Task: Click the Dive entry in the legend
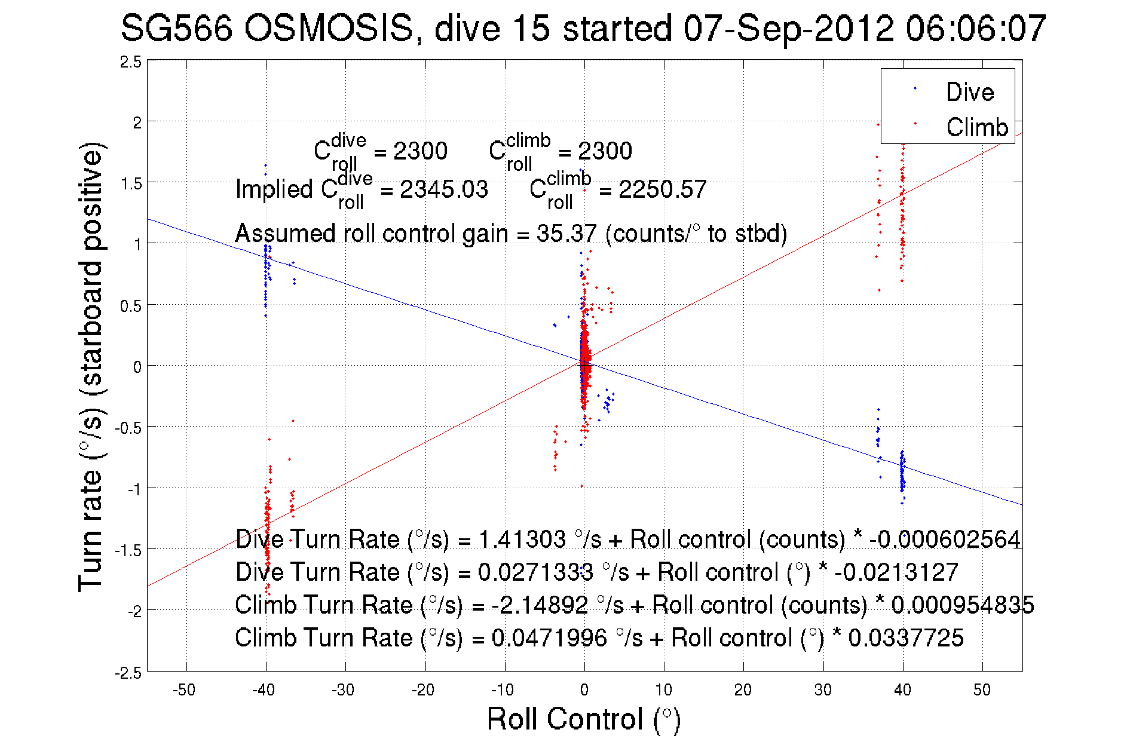pos(969,92)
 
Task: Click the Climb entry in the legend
pos(976,127)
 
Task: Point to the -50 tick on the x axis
pos(184,690)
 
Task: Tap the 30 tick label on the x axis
pos(823,690)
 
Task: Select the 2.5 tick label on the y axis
pos(131,62)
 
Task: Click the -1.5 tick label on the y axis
pos(128,550)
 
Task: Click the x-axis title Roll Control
pos(584,719)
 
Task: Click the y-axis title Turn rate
pos(90,367)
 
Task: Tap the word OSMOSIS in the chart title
pos(329,28)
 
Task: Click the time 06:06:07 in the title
pos(976,28)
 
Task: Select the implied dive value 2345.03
pos(444,189)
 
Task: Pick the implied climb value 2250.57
pos(662,189)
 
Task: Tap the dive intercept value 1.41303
pos(522,540)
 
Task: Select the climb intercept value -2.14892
pos(540,605)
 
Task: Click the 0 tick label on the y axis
pos(137,367)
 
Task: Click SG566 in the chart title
pos(176,28)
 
